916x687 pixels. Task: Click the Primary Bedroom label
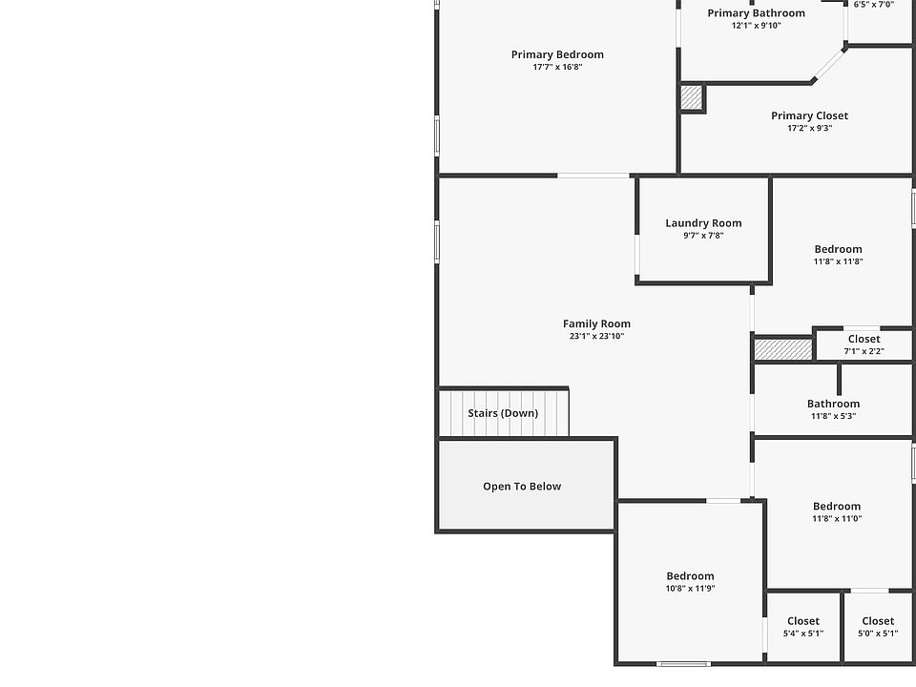[557, 54]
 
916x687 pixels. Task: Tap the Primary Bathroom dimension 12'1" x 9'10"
[756, 26]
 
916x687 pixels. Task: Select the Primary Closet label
[809, 115]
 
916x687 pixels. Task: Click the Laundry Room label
[703, 223]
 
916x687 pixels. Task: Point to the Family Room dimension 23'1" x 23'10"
[596, 336]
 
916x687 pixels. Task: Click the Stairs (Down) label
[503, 413]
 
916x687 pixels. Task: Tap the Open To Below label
[522, 487]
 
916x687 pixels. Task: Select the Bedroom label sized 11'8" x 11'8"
[838, 249]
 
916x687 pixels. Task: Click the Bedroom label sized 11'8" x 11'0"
[837, 507]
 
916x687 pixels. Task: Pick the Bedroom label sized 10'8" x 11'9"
[690, 576]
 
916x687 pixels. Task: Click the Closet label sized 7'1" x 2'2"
[864, 339]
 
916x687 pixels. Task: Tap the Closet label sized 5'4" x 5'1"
[803, 621]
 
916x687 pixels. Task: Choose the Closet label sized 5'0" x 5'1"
[878, 621]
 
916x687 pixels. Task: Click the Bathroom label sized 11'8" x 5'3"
[833, 404]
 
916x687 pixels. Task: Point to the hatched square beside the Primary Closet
[692, 97]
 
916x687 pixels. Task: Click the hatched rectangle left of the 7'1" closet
[782, 349]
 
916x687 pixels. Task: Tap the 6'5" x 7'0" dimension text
[873, 5]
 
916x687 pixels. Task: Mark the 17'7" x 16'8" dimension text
[557, 67]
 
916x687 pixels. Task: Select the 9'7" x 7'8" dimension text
[703, 236]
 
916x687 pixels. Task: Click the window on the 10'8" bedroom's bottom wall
[683, 663]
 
